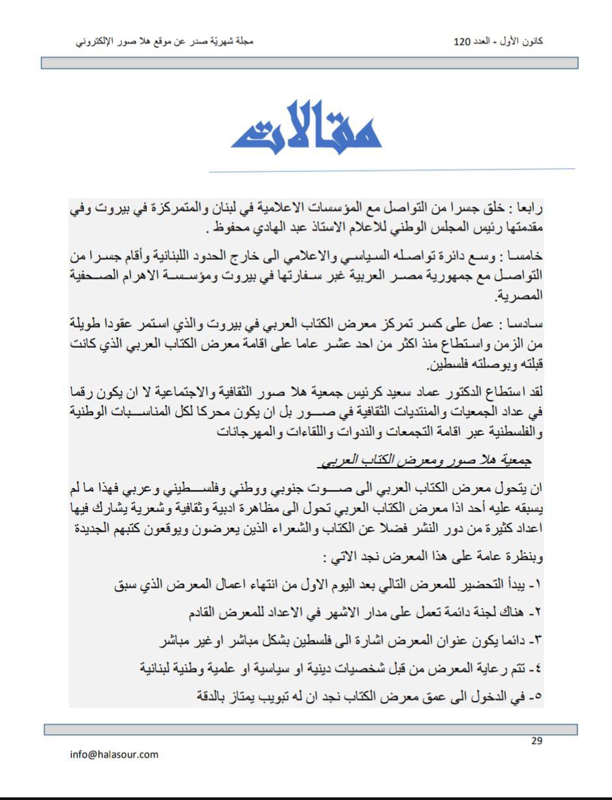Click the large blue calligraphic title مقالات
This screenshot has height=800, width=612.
click(x=306, y=125)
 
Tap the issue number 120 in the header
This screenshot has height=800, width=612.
click(x=461, y=42)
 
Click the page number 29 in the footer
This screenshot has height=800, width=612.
click(x=536, y=740)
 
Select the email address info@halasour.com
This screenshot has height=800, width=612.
click(x=114, y=754)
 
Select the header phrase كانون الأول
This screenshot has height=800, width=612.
click(x=517, y=42)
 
